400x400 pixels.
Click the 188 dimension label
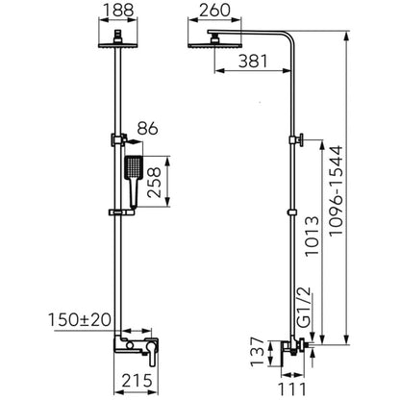click(118, 11)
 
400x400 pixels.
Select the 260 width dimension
click(214, 11)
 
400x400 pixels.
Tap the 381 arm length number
click(253, 61)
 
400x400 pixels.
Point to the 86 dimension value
click(148, 129)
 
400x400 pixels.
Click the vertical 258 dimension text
click(154, 182)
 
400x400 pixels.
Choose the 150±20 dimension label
click(80, 319)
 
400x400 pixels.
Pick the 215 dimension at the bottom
click(137, 381)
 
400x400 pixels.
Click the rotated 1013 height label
click(312, 236)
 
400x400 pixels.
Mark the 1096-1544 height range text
click(336, 190)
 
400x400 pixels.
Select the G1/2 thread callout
click(304, 307)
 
